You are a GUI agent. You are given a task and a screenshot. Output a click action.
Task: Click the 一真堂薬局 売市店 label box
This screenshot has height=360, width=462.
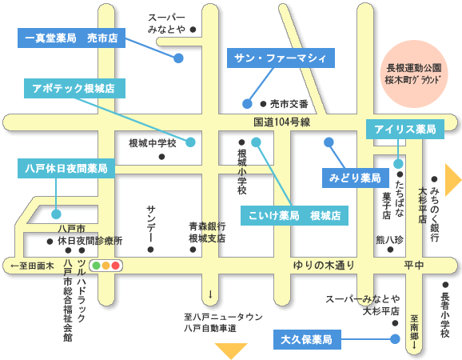coord(71,38)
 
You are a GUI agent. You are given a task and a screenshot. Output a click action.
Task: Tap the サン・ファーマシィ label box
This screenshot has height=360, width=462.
coord(281,58)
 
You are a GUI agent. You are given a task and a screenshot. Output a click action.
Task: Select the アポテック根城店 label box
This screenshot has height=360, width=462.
coord(74,88)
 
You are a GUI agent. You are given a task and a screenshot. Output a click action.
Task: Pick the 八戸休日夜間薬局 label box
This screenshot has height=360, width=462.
coord(66,168)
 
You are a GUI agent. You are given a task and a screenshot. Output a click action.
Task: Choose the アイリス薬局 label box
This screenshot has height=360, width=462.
coord(405,129)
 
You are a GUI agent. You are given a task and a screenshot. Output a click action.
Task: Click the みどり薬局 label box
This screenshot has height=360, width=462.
coord(356,178)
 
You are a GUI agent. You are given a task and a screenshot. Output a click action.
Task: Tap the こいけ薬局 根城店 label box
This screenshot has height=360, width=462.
coord(294,215)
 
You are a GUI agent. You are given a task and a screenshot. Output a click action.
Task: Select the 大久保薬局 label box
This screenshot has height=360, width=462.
coord(307,340)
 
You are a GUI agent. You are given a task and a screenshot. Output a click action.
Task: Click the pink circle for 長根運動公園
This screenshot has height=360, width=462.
coord(414,74)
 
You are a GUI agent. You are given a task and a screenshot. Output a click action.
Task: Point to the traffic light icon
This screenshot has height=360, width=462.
coord(106,266)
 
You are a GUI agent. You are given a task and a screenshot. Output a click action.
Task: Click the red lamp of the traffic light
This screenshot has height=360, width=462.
coord(115,266)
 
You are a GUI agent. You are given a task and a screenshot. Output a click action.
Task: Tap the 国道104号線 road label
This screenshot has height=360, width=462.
coord(282,122)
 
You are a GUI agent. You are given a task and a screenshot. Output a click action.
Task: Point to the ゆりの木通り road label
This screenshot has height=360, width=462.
coord(324,266)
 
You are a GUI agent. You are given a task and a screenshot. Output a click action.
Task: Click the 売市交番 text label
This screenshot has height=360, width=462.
coord(289,104)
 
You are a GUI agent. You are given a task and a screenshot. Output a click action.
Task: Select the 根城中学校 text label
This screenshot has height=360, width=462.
coord(153,143)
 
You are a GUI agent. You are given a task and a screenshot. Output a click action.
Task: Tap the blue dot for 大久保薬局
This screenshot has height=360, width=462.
coord(395,339)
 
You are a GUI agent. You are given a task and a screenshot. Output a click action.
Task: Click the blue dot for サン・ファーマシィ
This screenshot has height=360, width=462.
coord(247,104)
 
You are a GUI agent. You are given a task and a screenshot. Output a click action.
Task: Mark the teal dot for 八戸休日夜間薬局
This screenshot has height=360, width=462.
coord(56,214)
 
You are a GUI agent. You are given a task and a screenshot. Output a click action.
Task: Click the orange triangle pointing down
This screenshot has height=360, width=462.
coord(231,351)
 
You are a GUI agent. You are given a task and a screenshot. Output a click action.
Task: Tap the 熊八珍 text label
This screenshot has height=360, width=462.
coord(389,240)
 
